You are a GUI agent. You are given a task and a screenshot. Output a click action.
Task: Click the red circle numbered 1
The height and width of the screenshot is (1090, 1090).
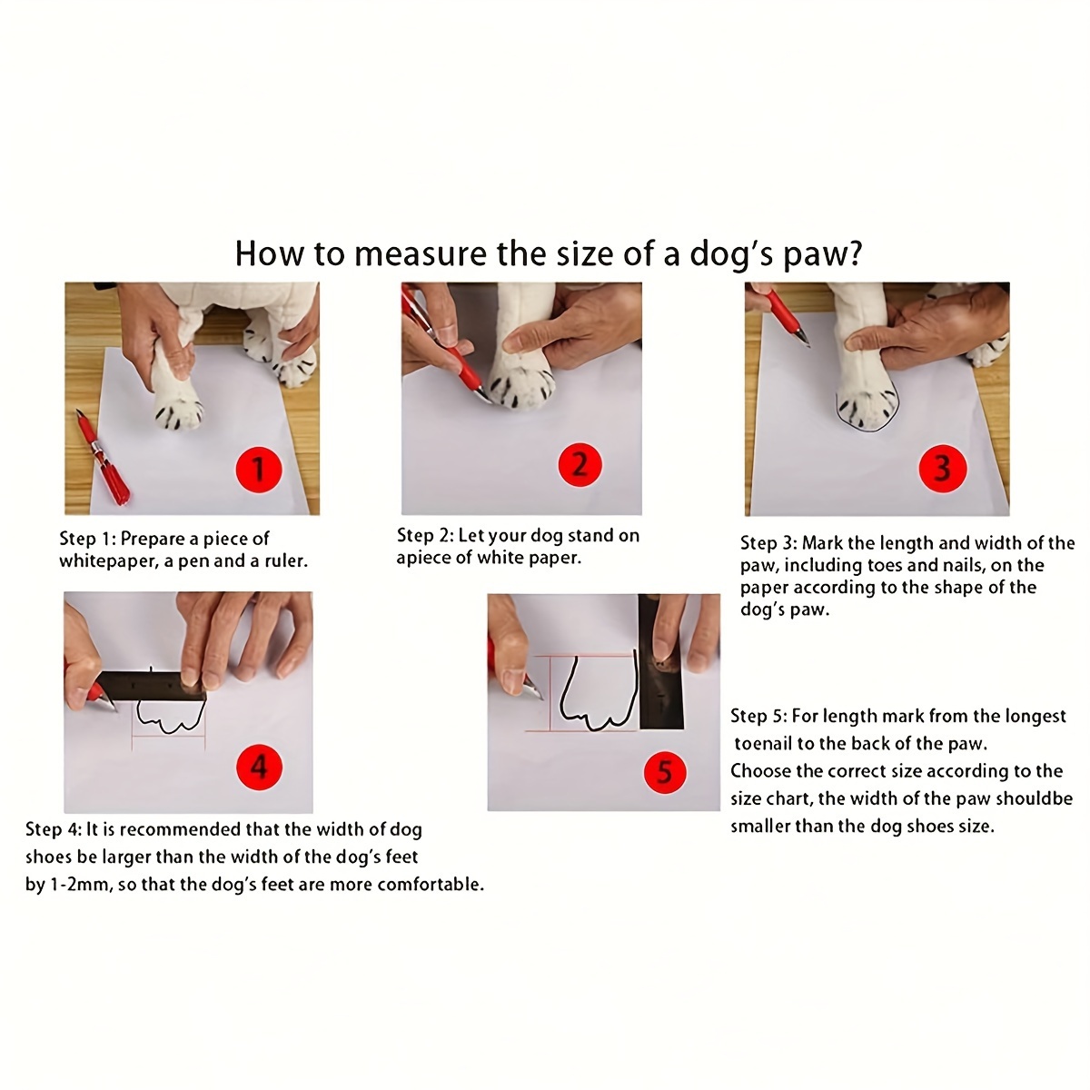coord(259,469)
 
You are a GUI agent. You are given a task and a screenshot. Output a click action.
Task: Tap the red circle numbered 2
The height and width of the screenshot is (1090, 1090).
coord(580,465)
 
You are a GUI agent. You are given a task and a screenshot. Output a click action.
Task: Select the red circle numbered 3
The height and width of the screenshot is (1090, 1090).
coord(942,469)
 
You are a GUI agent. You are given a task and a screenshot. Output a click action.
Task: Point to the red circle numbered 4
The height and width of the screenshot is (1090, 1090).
coord(259,767)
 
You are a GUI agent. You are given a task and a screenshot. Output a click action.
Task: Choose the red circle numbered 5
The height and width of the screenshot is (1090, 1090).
coord(665,772)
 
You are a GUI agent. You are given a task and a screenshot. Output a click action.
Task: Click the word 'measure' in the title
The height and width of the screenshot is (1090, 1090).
coord(421,253)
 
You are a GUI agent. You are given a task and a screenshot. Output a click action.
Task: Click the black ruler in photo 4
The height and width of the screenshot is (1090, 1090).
coord(153,686)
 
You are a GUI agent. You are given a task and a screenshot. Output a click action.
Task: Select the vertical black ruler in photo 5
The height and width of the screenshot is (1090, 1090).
coord(660,661)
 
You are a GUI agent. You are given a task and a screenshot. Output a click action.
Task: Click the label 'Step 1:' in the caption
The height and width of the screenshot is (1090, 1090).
coord(88,539)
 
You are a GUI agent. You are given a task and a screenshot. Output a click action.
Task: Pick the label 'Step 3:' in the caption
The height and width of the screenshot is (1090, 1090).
coord(768,543)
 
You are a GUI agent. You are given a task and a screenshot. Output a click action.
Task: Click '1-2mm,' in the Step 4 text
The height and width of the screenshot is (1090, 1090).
coord(82,884)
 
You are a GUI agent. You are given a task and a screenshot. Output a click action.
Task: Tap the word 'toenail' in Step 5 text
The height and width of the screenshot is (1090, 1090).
coord(763,743)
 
